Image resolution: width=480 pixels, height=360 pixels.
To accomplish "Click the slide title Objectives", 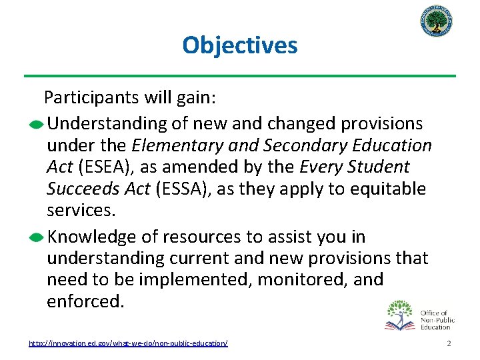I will (x=239, y=45).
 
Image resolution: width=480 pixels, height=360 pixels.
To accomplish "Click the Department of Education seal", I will (x=437, y=23).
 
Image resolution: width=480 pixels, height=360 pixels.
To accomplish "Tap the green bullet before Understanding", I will (x=39, y=125).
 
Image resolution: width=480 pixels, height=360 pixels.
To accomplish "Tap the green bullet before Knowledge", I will (x=39, y=238).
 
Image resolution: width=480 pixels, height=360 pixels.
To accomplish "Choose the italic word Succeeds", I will (x=83, y=189).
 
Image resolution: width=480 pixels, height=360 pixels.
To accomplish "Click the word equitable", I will (x=388, y=189).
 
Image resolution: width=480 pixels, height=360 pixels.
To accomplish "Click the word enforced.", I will (x=85, y=301).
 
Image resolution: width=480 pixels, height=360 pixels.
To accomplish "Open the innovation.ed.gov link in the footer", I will (x=128, y=343).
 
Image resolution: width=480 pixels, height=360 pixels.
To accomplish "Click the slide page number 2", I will (x=449, y=343).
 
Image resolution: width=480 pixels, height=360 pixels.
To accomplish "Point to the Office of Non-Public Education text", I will (x=437, y=319).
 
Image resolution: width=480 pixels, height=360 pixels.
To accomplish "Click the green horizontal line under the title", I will (x=239, y=75).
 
